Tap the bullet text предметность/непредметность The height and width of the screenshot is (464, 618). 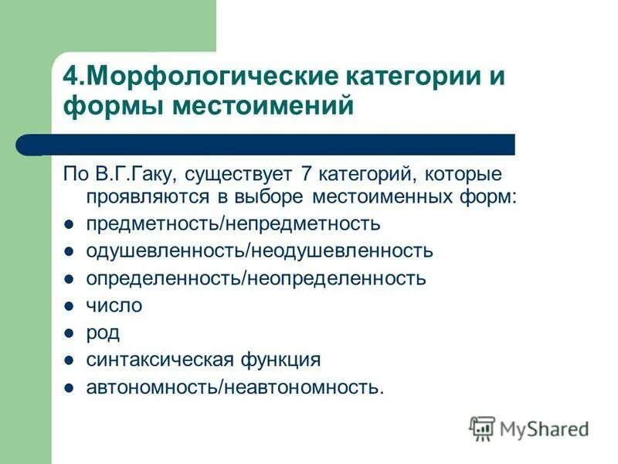(x=233, y=224)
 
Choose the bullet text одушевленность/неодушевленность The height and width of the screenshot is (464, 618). (x=260, y=251)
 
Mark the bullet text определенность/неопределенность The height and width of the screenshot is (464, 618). (x=256, y=278)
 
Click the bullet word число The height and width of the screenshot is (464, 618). (x=114, y=305)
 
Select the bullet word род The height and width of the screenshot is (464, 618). (x=103, y=333)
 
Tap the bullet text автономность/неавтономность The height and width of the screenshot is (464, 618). (x=234, y=387)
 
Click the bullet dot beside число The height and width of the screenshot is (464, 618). (x=69, y=306)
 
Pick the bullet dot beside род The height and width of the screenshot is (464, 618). (x=69, y=333)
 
